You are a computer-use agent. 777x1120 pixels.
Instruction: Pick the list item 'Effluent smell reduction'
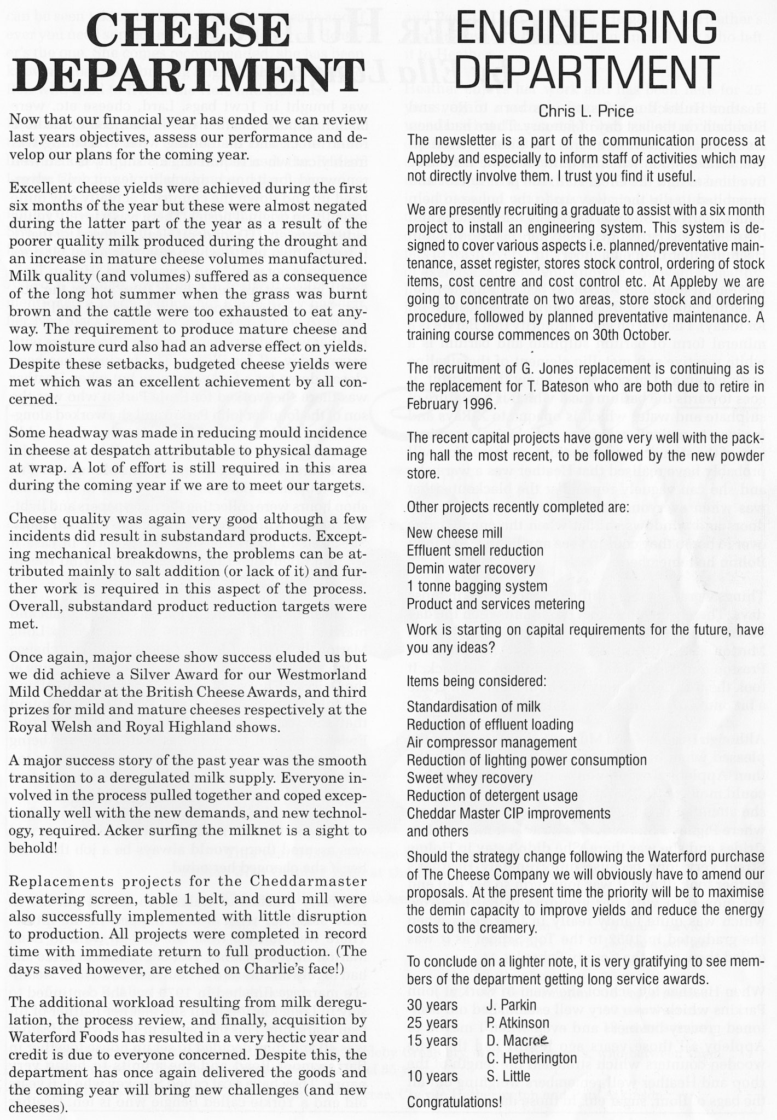pos(475,550)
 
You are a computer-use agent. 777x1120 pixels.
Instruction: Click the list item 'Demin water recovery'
pos(471,568)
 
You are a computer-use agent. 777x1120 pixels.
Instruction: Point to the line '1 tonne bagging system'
pos(477,586)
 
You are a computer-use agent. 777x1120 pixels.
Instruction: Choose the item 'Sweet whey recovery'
pos(469,778)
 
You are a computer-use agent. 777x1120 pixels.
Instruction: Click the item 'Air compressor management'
pos(491,742)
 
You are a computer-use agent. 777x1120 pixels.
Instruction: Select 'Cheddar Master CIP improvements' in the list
pos(508,813)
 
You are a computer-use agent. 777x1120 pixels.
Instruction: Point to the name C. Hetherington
pos(531,1058)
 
